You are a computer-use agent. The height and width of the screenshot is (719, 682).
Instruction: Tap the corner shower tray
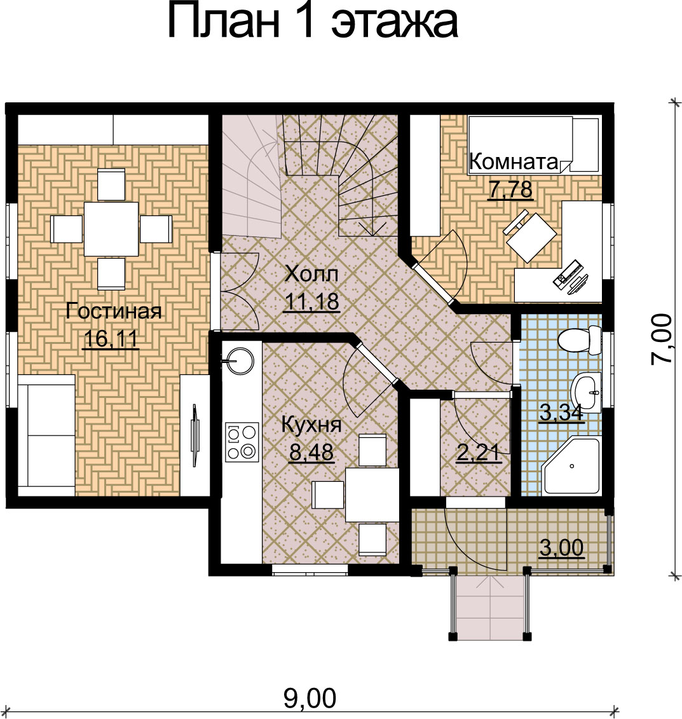pos(571,466)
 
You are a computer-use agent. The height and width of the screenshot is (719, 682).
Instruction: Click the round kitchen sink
pos(238,360)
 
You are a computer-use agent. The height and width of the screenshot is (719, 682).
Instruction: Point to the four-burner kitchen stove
pos(241,441)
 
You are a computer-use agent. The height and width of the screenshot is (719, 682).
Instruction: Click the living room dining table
pos(111,229)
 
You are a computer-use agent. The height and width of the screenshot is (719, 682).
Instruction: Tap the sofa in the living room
pos(46,435)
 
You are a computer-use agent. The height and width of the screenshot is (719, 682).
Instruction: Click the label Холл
pos(311,274)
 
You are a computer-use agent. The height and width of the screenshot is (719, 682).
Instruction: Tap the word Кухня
pos(311,425)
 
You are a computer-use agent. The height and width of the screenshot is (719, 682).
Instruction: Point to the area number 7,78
pos(511,189)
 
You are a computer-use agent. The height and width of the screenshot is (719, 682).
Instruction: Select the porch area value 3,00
pos(562,547)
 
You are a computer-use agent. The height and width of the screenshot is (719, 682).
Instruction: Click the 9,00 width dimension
pos(310,698)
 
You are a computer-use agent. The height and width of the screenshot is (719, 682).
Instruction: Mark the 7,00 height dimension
pos(662,339)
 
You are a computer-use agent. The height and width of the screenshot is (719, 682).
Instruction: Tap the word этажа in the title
pos(394,22)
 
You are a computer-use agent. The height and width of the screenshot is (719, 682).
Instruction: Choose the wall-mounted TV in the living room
pos(195,435)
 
